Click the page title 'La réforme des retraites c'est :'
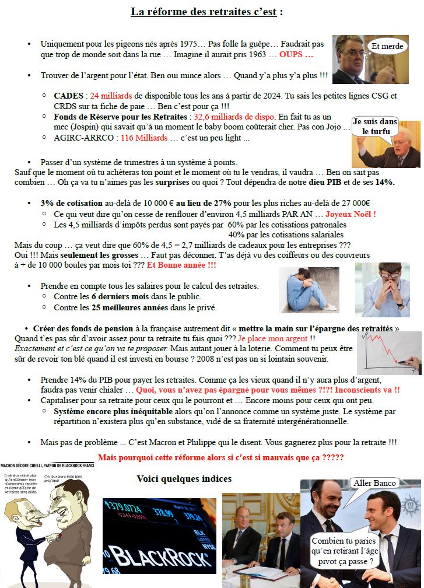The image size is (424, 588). tap(207, 12)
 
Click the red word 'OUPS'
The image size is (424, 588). tap(296, 55)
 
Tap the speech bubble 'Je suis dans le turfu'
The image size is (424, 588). tap(375, 126)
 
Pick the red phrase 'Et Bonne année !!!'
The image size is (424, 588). tap(181, 265)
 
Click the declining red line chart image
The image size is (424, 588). tap(388, 352)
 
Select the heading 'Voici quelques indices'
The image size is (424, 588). tap(184, 478)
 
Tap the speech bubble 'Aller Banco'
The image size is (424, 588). tap(374, 482)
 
